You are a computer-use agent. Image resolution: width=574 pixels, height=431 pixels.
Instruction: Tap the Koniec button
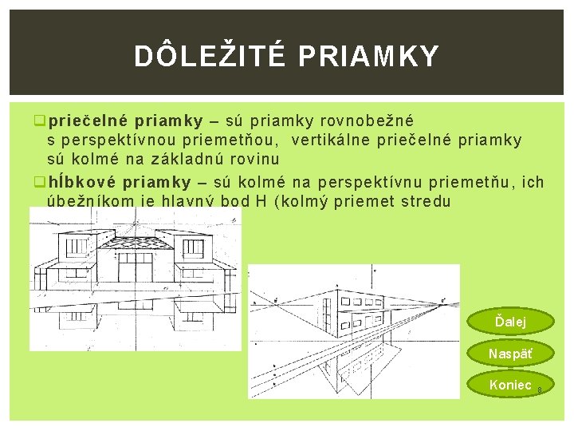[x=510, y=385]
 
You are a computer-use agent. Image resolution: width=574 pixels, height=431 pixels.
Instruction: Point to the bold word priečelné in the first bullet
[x=88, y=121]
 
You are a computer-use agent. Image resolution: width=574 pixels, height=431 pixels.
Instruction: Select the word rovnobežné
[x=366, y=121]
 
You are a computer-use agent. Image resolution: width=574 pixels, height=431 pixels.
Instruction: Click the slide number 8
[x=540, y=390]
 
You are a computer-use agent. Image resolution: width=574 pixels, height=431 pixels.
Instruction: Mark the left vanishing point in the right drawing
[x=276, y=302]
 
